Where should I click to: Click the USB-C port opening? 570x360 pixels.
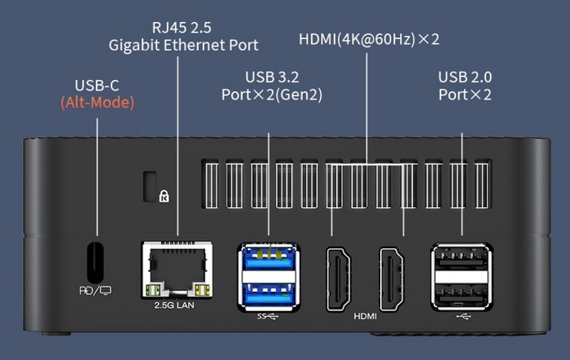[96, 261]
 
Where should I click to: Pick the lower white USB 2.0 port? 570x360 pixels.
[462, 289]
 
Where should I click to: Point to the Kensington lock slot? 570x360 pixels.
[151, 186]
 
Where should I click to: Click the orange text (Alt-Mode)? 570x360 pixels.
[97, 103]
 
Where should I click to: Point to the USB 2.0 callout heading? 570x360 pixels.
[465, 77]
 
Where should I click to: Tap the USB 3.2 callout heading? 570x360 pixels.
[271, 77]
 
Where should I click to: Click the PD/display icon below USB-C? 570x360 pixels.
[94, 289]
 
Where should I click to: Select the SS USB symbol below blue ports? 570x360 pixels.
[267, 315]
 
